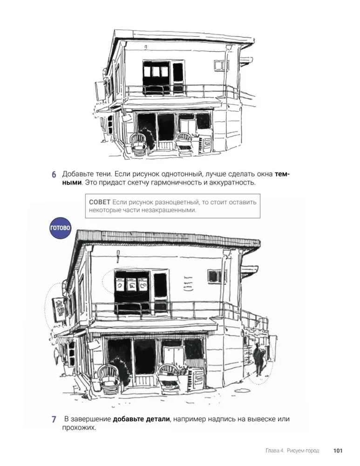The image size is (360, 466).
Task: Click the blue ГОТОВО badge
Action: coord(61,228)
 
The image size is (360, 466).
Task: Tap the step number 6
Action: coord(54,174)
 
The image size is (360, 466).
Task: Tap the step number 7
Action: coord(54,419)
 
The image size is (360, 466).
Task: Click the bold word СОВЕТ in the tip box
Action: coord(100,202)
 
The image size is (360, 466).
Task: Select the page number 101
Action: coord(338,451)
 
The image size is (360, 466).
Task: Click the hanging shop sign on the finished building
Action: coord(59,310)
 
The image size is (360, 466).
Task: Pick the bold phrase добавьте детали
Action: coord(142,419)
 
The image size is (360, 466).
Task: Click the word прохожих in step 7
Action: coord(79,428)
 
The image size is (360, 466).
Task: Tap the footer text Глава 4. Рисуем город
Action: coord(292,451)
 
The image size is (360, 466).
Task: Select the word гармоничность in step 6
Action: coord(176,183)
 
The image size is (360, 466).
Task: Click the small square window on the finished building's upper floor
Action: coord(213,276)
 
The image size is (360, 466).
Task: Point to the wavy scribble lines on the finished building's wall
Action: coord(188,283)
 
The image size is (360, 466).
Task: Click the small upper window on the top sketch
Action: coord(220,64)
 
